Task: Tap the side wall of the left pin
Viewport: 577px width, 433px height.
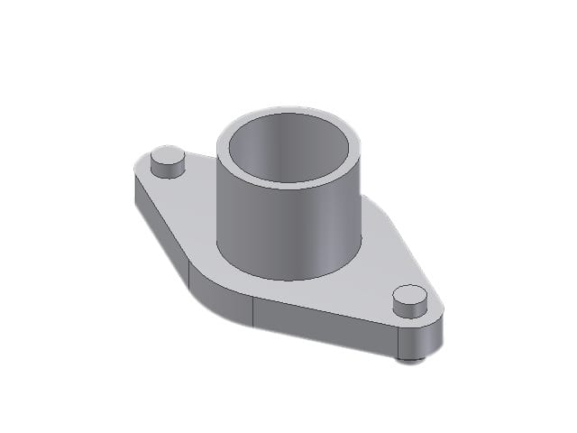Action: [167, 170]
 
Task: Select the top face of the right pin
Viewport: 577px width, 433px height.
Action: [410, 295]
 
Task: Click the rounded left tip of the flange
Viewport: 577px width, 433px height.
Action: [135, 185]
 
